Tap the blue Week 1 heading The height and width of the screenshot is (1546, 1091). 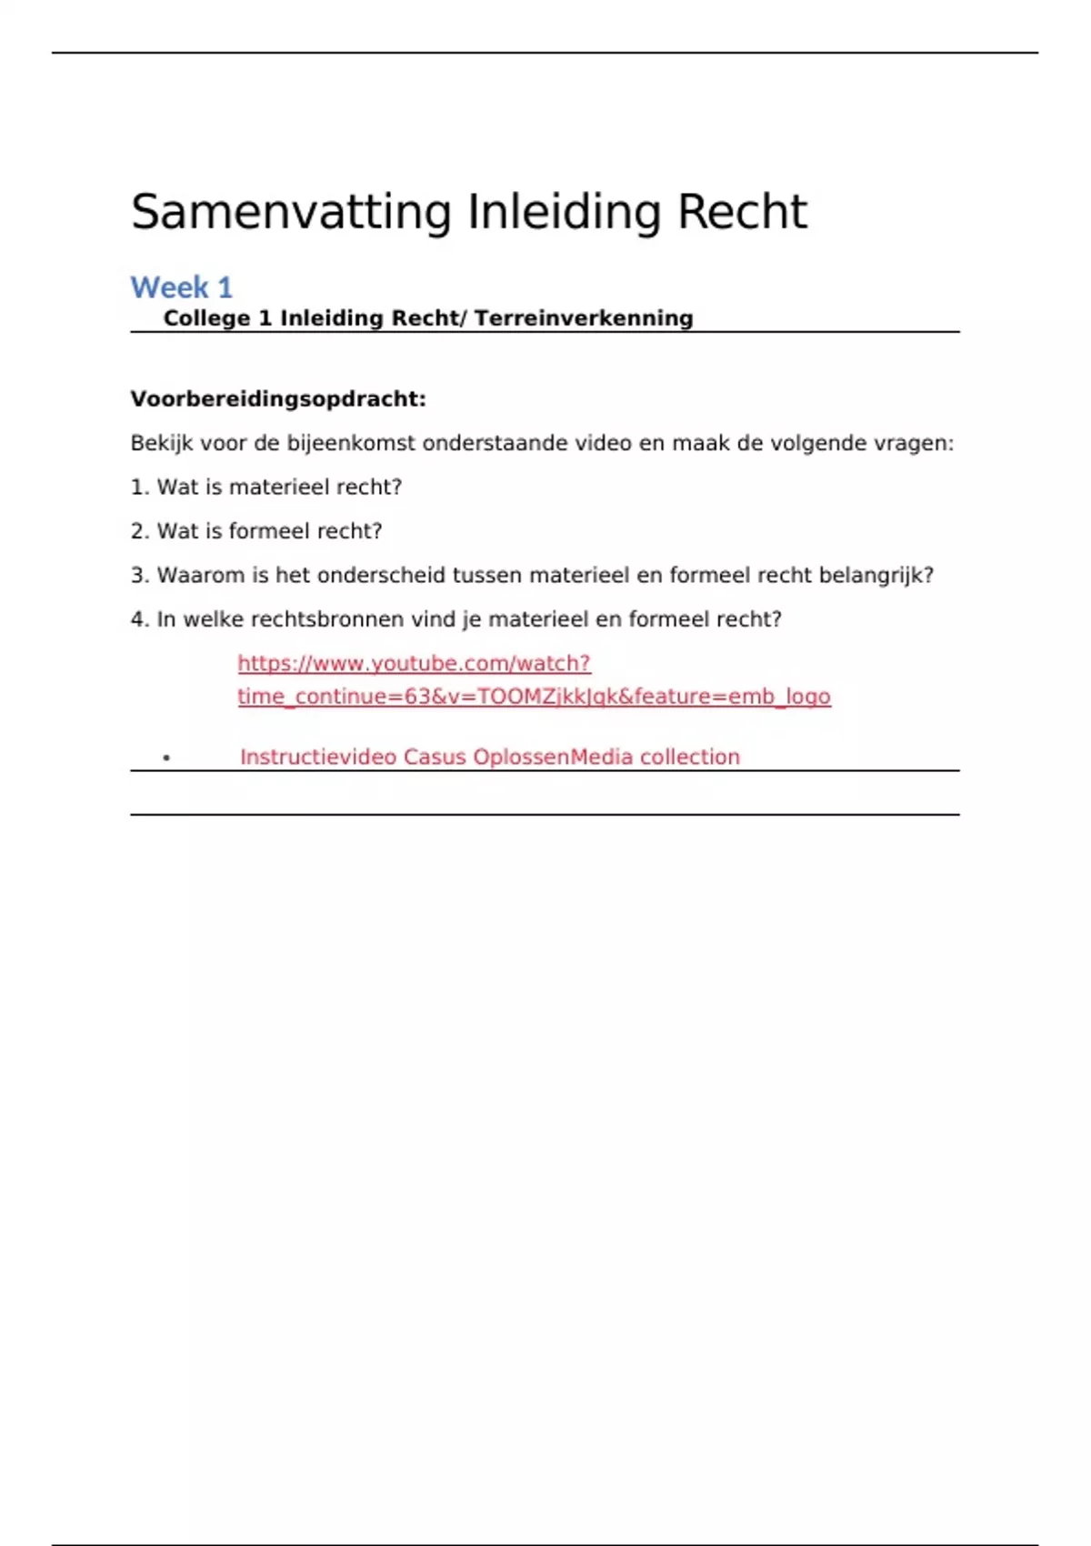click(x=182, y=287)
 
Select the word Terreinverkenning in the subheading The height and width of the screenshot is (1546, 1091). click(x=584, y=318)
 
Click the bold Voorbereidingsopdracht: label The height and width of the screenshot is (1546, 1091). click(x=278, y=399)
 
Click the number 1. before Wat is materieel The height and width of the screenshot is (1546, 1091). click(x=139, y=487)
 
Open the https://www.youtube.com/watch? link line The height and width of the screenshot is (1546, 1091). click(x=414, y=664)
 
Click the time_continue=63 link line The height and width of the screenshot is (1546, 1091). click(x=534, y=697)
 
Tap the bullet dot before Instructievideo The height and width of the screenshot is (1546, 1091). click(x=166, y=758)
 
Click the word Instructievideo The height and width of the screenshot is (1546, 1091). click(x=318, y=758)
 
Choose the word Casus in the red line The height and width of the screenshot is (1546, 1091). click(x=435, y=758)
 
